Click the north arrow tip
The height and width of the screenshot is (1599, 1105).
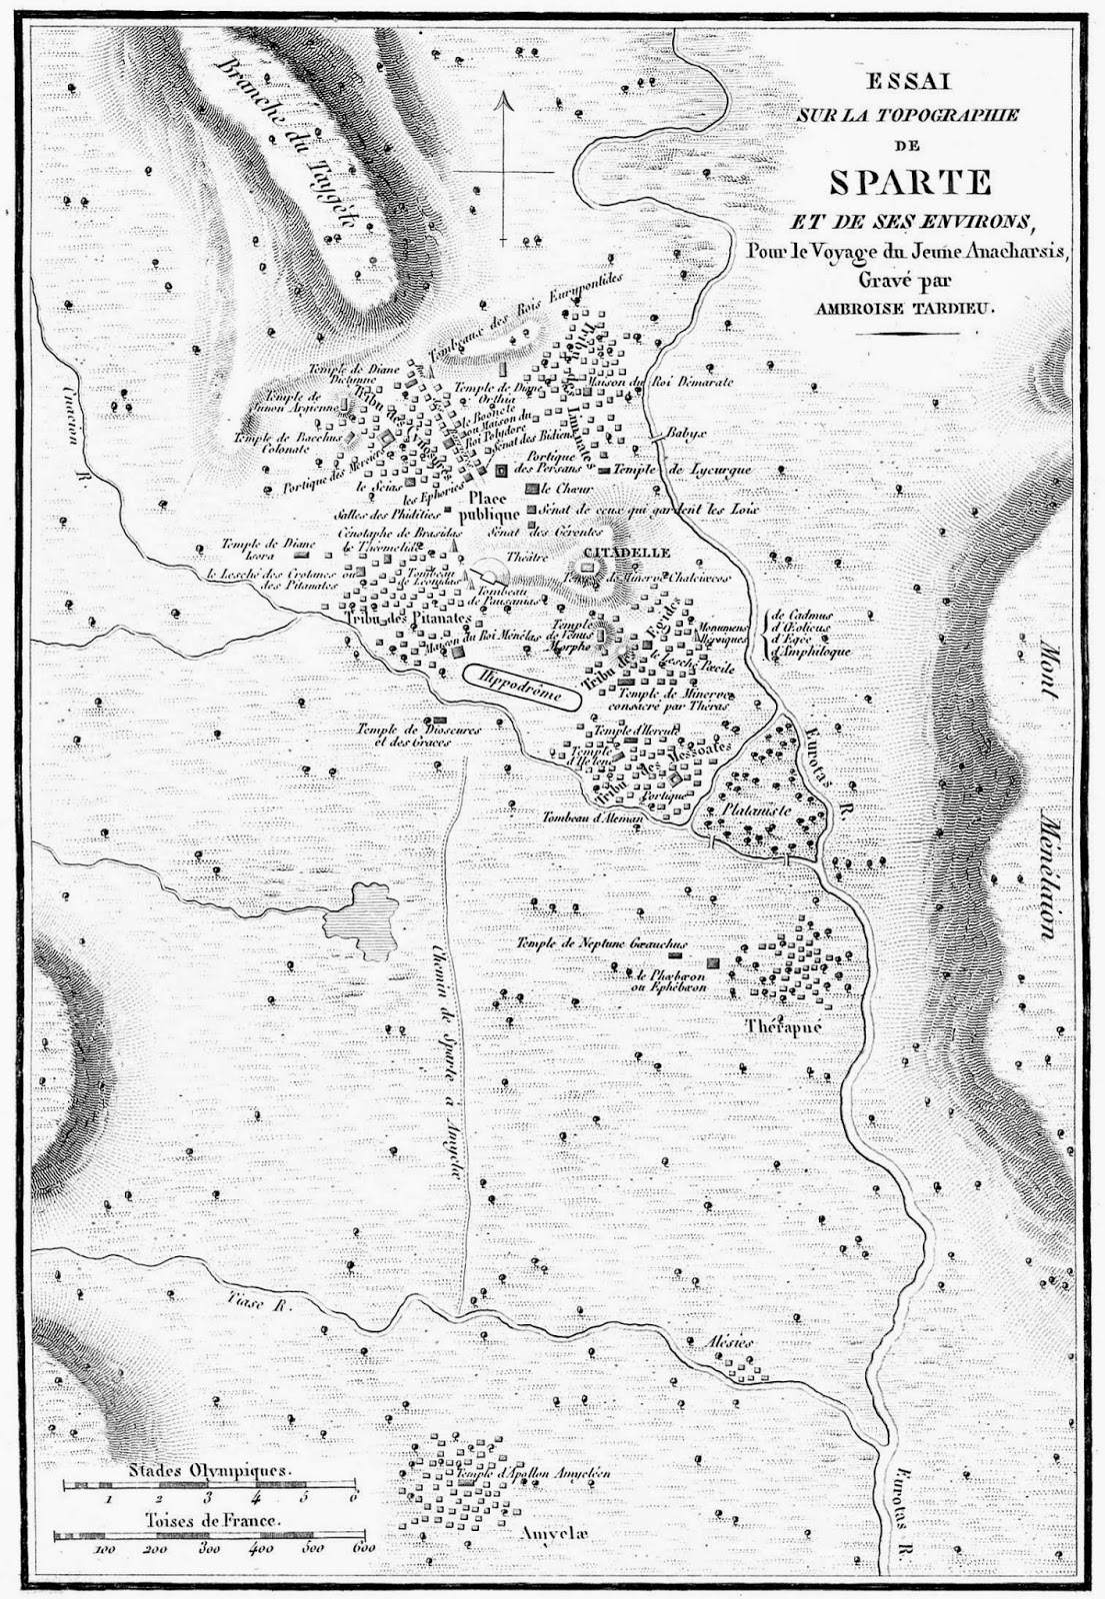click(506, 93)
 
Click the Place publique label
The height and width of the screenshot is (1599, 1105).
click(489, 510)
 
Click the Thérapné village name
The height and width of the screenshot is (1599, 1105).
click(784, 1025)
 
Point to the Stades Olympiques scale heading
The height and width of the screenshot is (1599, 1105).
click(209, 1471)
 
